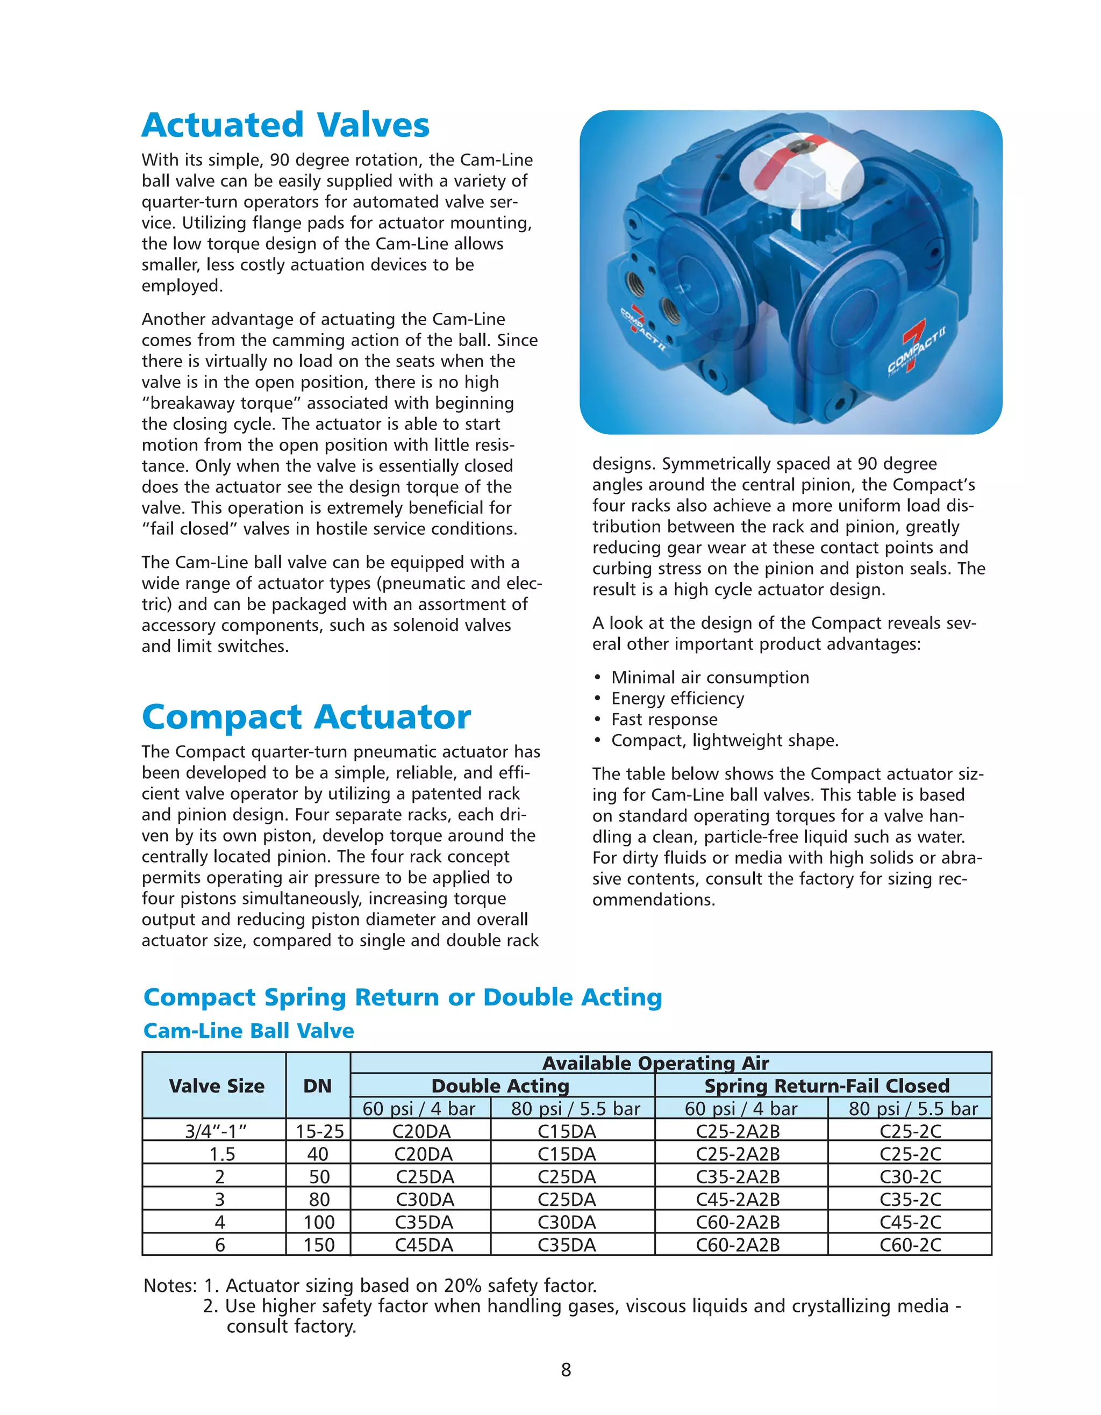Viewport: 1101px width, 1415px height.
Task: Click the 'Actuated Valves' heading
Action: pos(285,125)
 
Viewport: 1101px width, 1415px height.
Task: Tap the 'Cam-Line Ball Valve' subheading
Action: pos(248,1031)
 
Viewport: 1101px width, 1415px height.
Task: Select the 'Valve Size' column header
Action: pos(217,1086)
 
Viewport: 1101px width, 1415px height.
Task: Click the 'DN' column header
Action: pos(318,1086)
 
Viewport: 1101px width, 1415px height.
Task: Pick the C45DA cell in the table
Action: pos(424,1245)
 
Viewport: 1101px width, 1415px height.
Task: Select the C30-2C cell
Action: pos(910,1176)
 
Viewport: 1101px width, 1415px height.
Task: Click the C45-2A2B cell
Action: pos(738,1199)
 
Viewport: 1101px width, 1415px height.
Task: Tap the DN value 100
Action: pos(319,1222)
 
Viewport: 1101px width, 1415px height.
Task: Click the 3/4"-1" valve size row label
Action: pos(216,1131)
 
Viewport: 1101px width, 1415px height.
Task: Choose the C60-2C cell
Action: pos(910,1245)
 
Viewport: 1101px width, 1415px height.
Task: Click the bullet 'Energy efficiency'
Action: pos(677,699)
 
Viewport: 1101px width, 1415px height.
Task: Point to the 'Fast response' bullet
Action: pos(664,719)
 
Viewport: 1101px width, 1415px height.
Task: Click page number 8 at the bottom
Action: pos(566,1370)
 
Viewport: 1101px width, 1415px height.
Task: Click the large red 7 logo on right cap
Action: pos(914,344)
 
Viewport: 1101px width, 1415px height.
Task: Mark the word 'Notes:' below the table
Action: pos(170,1285)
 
